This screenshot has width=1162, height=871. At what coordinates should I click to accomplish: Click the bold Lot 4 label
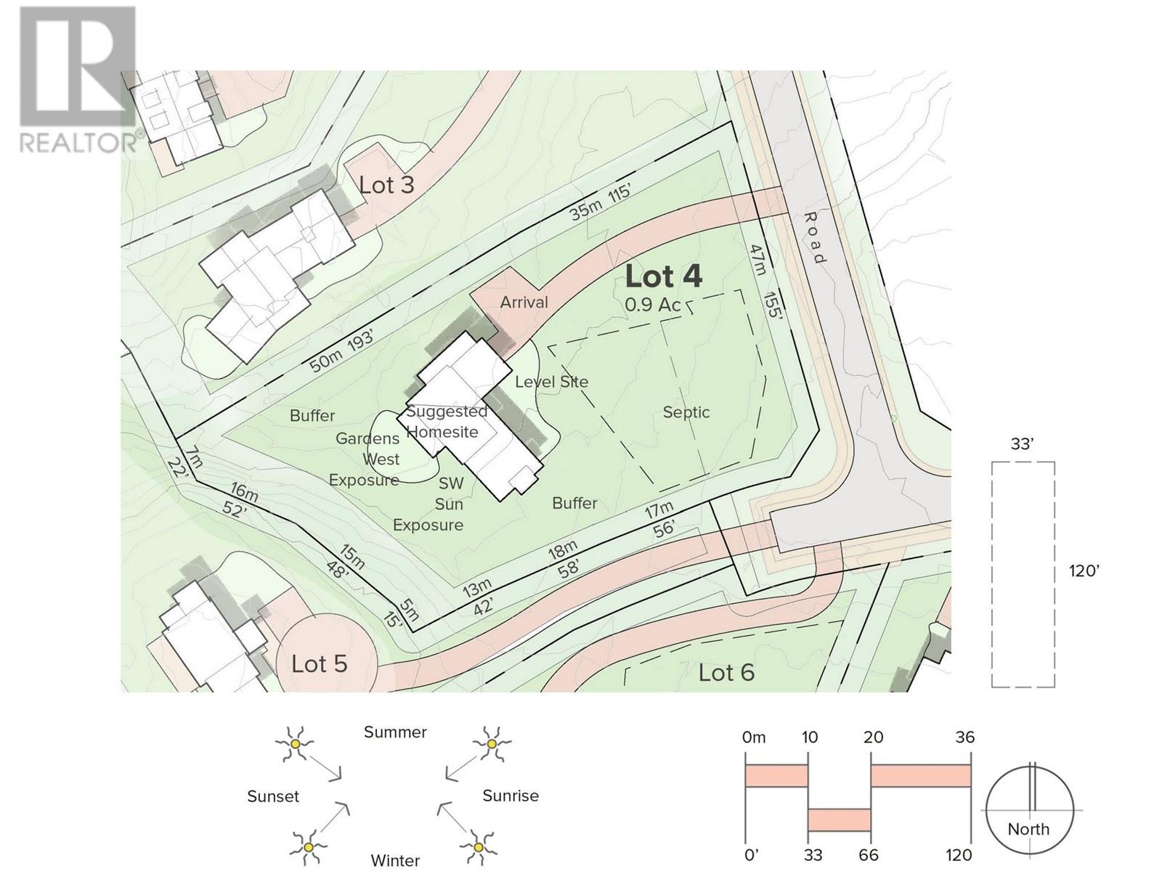click(663, 276)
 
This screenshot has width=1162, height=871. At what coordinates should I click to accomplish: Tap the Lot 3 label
click(386, 184)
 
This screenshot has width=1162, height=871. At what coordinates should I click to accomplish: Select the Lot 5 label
click(320, 664)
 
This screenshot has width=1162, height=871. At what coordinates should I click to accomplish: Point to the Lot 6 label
click(726, 673)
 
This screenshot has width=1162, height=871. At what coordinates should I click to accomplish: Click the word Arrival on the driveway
click(524, 303)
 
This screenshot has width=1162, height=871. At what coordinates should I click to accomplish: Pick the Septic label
click(686, 412)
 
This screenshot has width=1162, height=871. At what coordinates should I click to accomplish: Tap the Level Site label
click(552, 382)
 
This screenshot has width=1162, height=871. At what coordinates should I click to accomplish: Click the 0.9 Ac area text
click(653, 305)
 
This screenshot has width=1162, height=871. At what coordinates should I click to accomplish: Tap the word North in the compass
click(1028, 829)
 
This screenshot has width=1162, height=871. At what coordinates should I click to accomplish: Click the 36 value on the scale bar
click(965, 737)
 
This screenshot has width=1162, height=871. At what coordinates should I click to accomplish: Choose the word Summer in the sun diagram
click(395, 732)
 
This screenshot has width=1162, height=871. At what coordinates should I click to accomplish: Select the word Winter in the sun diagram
click(395, 860)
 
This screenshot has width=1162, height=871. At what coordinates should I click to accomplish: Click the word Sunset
click(273, 796)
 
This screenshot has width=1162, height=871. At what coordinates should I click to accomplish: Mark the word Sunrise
click(511, 796)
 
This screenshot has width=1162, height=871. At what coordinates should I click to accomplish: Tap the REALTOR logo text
click(78, 143)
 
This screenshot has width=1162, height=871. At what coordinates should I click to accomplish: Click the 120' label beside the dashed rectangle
click(1084, 571)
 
